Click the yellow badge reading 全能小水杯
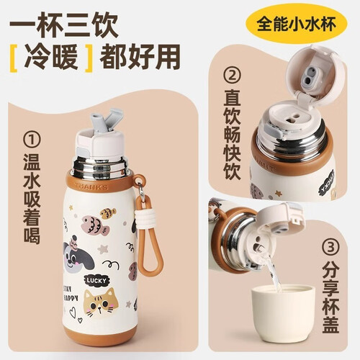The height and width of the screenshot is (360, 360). coord(296,24)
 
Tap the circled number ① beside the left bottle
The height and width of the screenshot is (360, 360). coord(32,139)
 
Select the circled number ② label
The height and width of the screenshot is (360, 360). coord(232,76)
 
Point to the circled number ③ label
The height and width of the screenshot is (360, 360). coord(330,247)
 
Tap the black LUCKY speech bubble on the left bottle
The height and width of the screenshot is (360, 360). coord(96,280)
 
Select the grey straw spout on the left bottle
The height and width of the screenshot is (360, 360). coord(106,120)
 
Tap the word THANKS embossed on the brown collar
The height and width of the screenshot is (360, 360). coord(91,186)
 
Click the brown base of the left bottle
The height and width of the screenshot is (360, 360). coord(99,334)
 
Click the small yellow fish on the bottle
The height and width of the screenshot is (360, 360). coord(108,213)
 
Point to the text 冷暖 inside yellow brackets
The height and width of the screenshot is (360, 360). coord(51,58)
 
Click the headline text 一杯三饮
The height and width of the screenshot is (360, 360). coord(64,26)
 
